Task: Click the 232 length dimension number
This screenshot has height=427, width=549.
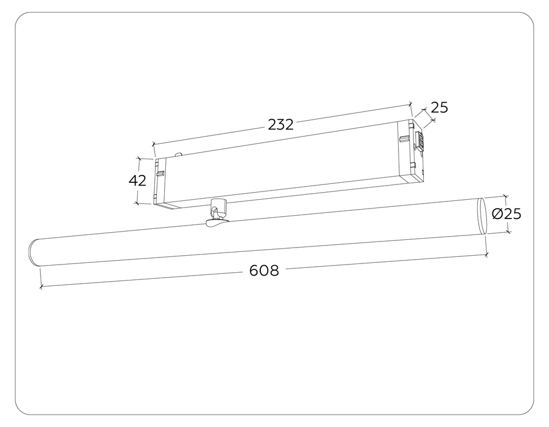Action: click(281, 125)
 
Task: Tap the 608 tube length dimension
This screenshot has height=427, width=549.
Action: click(264, 271)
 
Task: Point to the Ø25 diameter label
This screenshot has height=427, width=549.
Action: click(506, 214)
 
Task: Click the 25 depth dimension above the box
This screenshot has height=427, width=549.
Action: click(439, 108)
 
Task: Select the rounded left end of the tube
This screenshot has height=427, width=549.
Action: click(33, 253)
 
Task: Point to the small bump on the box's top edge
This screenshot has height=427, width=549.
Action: click(177, 155)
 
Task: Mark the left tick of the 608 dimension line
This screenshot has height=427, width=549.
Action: click(41, 286)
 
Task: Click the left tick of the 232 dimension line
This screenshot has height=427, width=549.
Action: click(153, 144)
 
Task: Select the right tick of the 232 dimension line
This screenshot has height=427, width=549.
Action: click(410, 103)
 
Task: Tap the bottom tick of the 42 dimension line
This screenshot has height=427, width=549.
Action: click(138, 203)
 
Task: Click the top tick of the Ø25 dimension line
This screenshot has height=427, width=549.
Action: click(506, 196)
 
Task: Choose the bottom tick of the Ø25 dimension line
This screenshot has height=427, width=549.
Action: click(508, 232)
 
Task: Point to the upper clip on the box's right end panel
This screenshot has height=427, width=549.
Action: click(405, 138)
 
